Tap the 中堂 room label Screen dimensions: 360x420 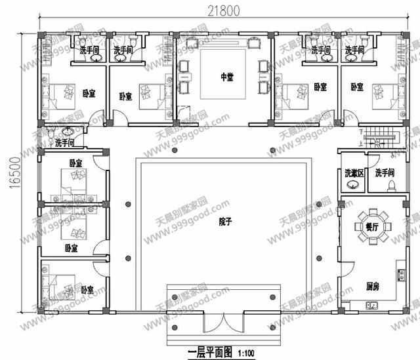pyautogui.click(x=226, y=77)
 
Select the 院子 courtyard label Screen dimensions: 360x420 pyautogui.click(x=226, y=222)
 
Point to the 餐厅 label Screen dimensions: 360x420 pyautogui.click(x=363, y=225)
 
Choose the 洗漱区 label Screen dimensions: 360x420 pyautogui.click(x=352, y=173)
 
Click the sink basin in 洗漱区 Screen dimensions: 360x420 pyautogui.click(x=352, y=185)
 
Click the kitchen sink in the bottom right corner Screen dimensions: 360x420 pyautogui.click(x=371, y=305)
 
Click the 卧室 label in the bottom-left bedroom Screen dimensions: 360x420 pyautogui.click(x=87, y=289)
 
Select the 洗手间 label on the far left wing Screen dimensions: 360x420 pyautogui.click(x=64, y=142)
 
